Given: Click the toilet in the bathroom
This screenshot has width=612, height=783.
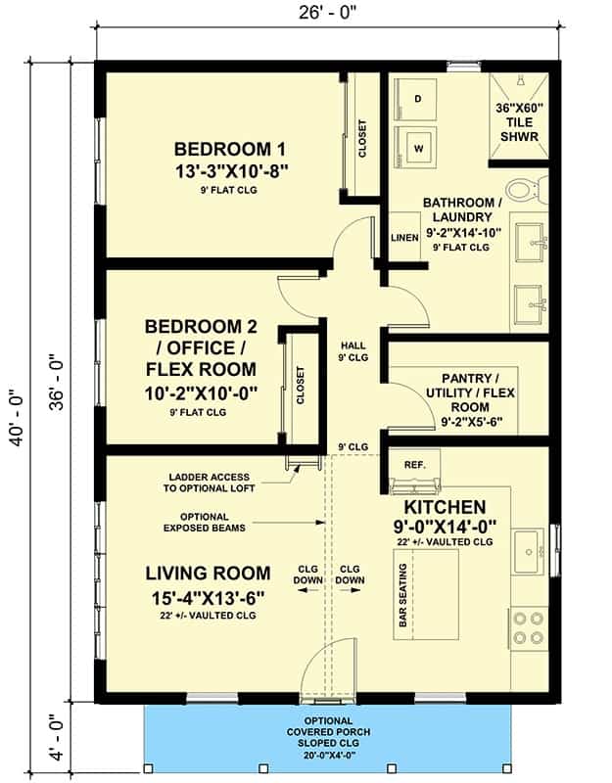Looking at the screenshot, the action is pyautogui.click(x=526, y=190).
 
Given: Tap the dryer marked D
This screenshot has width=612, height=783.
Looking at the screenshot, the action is pyautogui.click(x=415, y=99).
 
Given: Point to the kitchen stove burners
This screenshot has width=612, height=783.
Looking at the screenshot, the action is pyautogui.click(x=529, y=628).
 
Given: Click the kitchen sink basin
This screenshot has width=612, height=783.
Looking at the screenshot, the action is pyautogui.click(x=528, y=552).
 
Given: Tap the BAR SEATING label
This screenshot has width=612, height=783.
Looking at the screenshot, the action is pyautogui.click(x=403, y=595).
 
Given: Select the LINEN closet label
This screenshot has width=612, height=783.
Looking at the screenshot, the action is pyautogui.click(x=404, y=238).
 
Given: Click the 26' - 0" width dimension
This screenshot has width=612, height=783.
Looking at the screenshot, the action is pyautogui.click(x=329, y=13).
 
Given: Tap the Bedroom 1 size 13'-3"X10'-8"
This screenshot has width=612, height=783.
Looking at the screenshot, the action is pyautogui.click(x=231, y=171).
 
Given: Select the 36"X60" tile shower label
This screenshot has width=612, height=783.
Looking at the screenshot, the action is pyautogui.click(x=519, y=121).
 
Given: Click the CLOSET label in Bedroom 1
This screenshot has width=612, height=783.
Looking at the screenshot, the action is pyautogui.click(x=362, y=138).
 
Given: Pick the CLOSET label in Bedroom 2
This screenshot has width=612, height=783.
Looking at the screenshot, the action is pyautogui.click(x=301, y=386).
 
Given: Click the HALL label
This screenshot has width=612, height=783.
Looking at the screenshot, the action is pyautogui.click(x=353, y=345).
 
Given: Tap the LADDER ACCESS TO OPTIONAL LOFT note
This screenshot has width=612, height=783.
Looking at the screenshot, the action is pyautogui.click(x=209, y=483).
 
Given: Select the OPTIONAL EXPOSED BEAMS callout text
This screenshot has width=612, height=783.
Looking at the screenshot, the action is pyautogui.click(x=205, y=523).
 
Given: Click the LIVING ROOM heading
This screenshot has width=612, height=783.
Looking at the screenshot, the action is pyautogui.click(x=209, y=574).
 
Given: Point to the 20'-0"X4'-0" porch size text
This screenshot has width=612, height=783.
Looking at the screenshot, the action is pyautogui.click(x=329, y=755).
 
